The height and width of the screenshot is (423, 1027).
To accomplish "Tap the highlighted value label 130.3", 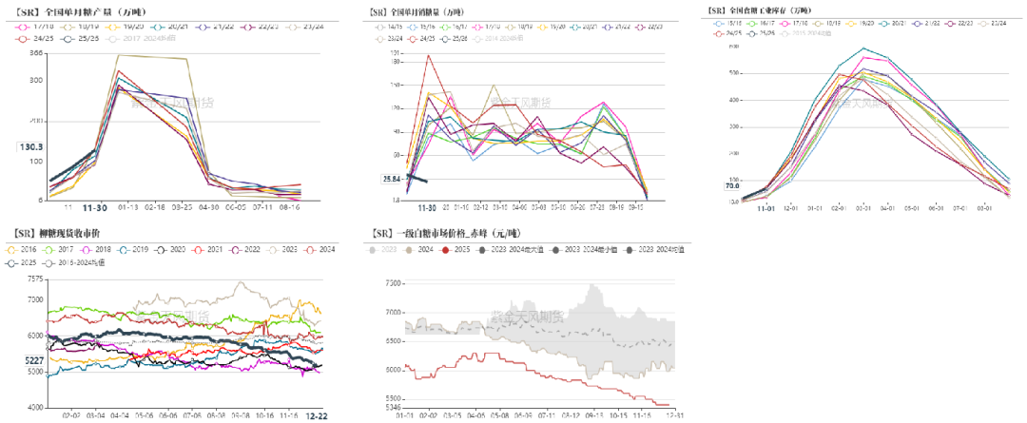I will click(31, 146).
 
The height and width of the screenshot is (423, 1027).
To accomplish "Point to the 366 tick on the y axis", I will click(37, 54).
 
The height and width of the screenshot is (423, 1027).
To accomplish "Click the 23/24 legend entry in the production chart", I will click(316, 27).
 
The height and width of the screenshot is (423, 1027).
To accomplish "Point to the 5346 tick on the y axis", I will click(392, 405).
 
